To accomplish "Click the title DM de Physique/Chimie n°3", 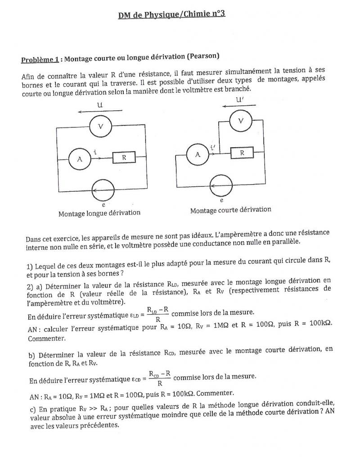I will (171, 14).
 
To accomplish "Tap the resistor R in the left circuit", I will (123, 158).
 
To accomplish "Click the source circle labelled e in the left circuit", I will (103, 187).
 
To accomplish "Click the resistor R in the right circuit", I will (242, 153).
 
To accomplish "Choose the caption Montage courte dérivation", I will (230, 210).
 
